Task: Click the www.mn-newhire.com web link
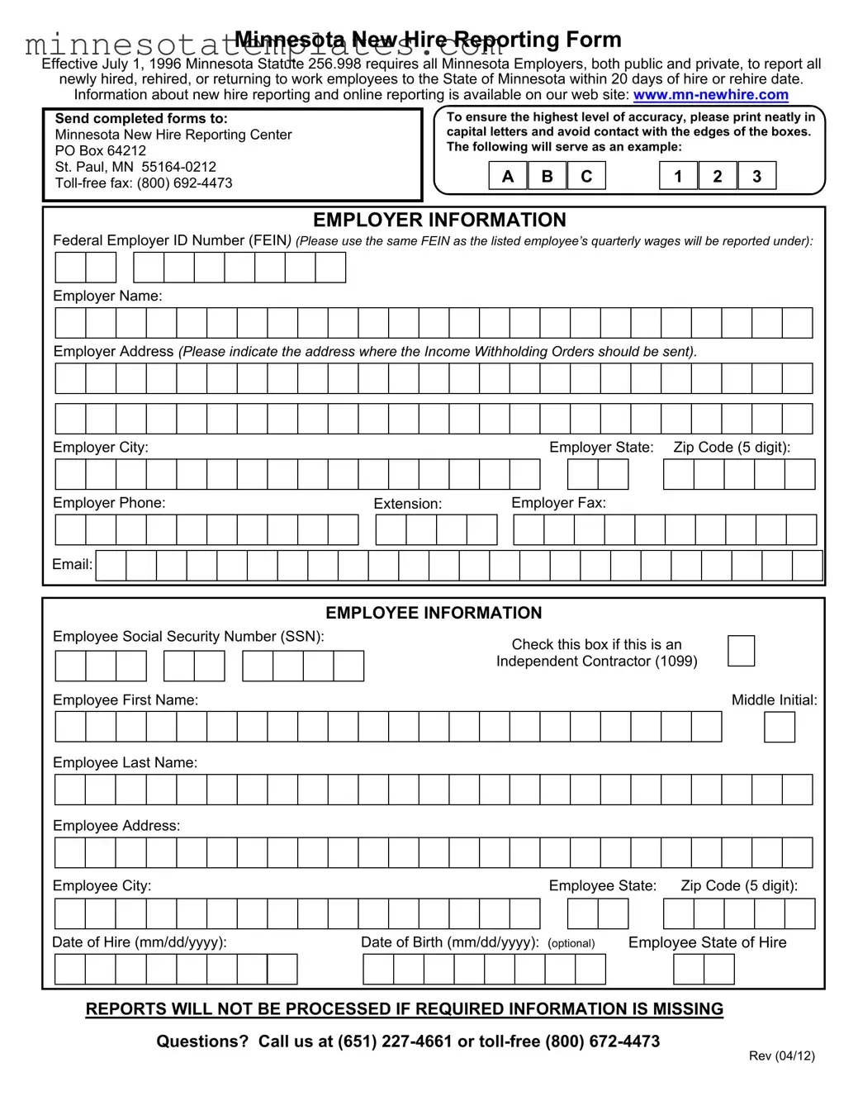710,95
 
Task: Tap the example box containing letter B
547,176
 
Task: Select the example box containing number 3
756,176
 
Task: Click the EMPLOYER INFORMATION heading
439,221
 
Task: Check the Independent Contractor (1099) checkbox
741,651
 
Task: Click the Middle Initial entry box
779,727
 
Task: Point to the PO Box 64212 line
101,150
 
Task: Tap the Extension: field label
407,504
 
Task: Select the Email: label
72,565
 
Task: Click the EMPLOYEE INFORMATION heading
434,613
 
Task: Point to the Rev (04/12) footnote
781,1055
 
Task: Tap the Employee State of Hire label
707,942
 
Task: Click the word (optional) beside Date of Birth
571,943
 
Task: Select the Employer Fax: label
558,503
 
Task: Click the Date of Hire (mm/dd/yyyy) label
139,942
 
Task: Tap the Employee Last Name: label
125,762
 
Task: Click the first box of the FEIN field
70,268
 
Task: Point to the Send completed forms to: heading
141,118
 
